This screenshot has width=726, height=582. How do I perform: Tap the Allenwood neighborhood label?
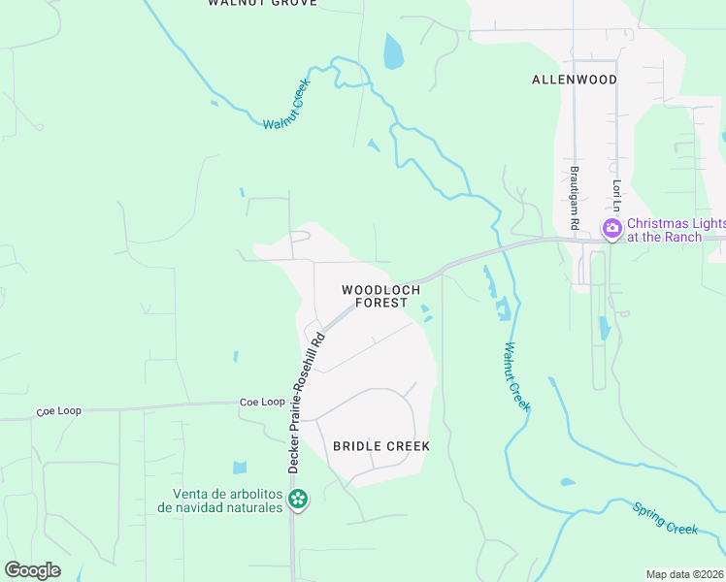coord(574,80)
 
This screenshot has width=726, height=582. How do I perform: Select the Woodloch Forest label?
coord(380,296)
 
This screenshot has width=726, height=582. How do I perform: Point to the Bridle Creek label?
coord(380,446)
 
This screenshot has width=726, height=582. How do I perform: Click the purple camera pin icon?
coord(612,229)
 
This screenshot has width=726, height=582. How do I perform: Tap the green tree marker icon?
coord(298,501)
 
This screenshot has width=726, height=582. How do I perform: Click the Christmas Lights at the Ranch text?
coord(676,229)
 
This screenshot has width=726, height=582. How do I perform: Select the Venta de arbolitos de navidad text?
coord(227,500)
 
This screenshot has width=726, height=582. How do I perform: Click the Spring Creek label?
coord(665,517)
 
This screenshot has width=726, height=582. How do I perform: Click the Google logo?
coord(32,569)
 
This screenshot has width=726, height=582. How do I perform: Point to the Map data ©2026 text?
coord(684,574)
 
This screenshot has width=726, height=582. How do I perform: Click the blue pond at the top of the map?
coord(393,51)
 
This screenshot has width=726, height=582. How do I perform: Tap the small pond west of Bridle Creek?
coord(240,468)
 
